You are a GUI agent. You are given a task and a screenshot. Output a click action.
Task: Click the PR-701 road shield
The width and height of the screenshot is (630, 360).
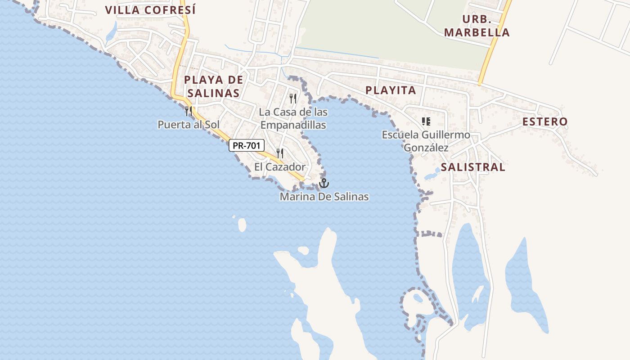[x=246, y=145]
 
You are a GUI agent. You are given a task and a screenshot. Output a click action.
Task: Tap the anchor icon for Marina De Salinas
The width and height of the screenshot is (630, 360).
[x=324, y=183]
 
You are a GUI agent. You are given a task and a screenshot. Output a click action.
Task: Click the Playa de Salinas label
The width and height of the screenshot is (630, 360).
[x=213, y=86]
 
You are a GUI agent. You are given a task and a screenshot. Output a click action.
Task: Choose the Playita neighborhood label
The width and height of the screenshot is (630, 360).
[x=391, y=90]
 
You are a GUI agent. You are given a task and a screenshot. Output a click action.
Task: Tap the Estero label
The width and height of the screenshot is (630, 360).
[x=544, y=121]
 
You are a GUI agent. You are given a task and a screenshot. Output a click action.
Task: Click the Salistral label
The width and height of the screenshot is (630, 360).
[x=473, y=167]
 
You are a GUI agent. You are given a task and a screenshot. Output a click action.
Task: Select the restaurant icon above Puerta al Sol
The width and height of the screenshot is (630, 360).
[x=189, y=111]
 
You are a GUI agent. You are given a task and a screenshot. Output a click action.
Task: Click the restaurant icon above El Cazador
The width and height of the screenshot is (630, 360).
[x=280, y=153]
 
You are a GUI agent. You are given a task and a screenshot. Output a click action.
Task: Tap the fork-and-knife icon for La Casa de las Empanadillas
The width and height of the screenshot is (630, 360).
[x=293, y=98]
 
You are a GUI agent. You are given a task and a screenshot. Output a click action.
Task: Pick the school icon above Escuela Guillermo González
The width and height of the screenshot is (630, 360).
[x=426, y=121]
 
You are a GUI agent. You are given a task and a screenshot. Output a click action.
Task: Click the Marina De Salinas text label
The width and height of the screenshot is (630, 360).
[x=324, y=197]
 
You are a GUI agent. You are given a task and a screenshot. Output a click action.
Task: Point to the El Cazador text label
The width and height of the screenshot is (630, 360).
[x=279, y=167]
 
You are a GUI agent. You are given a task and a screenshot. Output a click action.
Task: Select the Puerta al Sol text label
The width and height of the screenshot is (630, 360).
[x=188, y=125]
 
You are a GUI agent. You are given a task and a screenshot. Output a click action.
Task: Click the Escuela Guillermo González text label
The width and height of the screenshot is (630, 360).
[x=426, y=141]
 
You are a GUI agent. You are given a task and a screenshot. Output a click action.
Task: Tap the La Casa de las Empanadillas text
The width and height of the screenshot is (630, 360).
[x=293, y=118]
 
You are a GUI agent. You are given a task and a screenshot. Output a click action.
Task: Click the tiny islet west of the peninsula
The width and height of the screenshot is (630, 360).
[x=242, y=225]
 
